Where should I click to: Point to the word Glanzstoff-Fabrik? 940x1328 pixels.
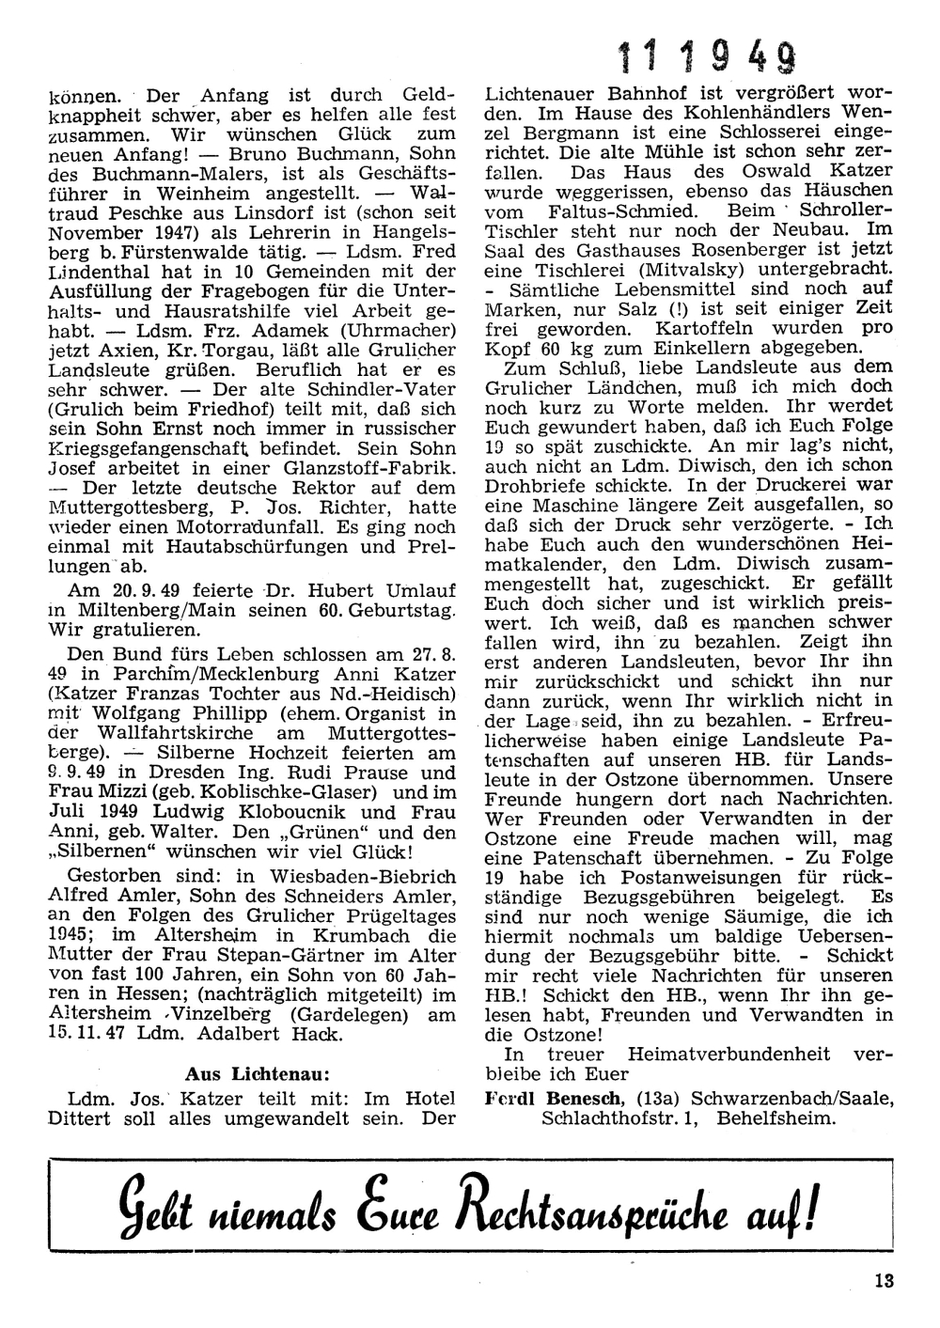point(363,468)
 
